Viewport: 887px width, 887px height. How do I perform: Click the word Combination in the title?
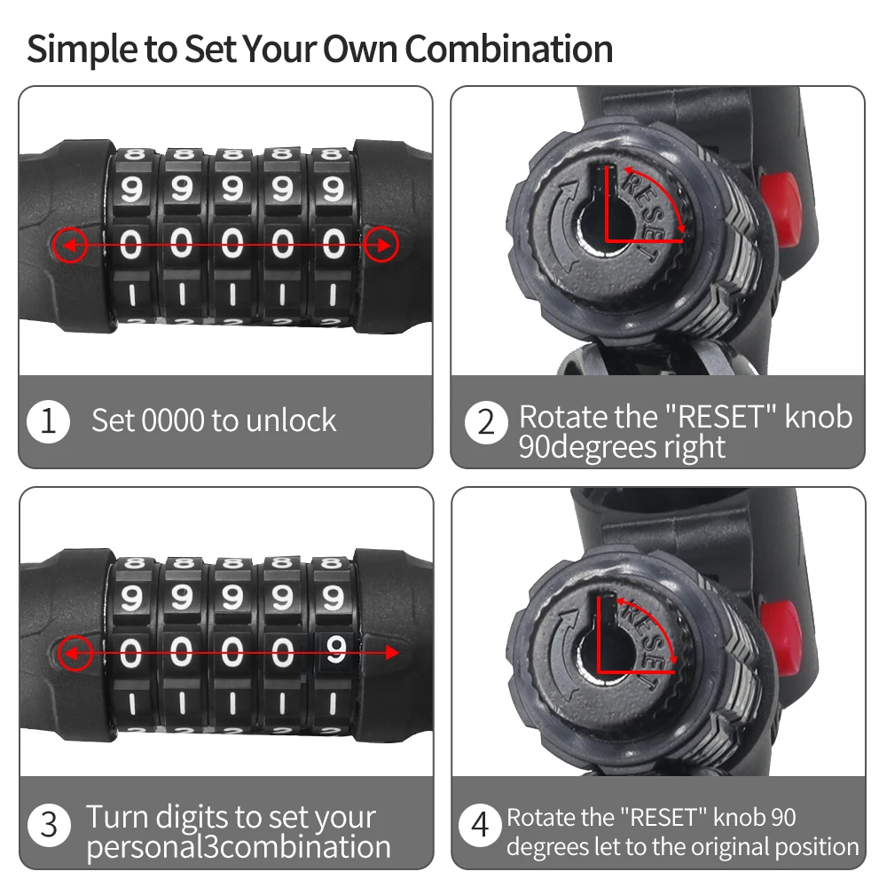click(x=508, y=49)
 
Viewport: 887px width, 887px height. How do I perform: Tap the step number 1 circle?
click(x=49, y=421)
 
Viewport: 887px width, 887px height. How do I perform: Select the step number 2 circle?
click(x=486, y=422)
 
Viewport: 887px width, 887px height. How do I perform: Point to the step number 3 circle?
click(x=49, y=824)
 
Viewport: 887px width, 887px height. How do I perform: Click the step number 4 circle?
click(x=480, y=825)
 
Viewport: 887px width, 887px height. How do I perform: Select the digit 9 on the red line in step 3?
click(x=336, y=649)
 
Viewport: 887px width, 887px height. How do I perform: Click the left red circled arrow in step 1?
click(x=69, y=245)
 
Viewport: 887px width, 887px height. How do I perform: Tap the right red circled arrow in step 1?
click(x=381, y=245)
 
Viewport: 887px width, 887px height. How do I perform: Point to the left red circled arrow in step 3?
click(x=75, y=653)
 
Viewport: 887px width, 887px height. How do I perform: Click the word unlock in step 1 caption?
click(x=291, y=420)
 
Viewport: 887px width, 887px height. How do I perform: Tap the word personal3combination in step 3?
click(x=239, y=847)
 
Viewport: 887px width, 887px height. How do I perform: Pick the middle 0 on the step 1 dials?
click(x=232, y=245)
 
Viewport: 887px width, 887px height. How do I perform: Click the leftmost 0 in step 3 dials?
click(x=130, y=652)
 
